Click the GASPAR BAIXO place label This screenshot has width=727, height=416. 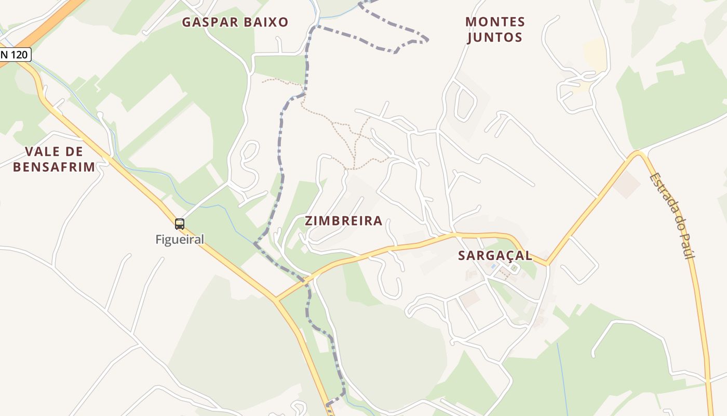(x=235, y=22)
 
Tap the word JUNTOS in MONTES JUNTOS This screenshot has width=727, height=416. (x=495, y=37)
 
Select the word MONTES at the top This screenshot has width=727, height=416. (x=495, y=22)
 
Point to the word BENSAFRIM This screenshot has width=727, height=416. (x=54, y=167)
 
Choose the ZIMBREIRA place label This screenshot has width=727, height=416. (x=343, y=221)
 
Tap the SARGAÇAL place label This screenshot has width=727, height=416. (x=495, y=255)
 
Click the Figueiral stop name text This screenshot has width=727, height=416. (x=180, y=240)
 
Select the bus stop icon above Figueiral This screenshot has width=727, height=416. (x=180, y=224)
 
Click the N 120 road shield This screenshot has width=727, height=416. (x=15, y=54)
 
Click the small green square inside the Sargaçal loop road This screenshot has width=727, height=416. (x=514, y=268)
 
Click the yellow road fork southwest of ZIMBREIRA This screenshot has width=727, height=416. (x=277, y=300)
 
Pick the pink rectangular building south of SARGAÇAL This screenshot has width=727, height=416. (x=470, y=298)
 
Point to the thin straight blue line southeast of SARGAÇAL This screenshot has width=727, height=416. (x=562, y=374)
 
